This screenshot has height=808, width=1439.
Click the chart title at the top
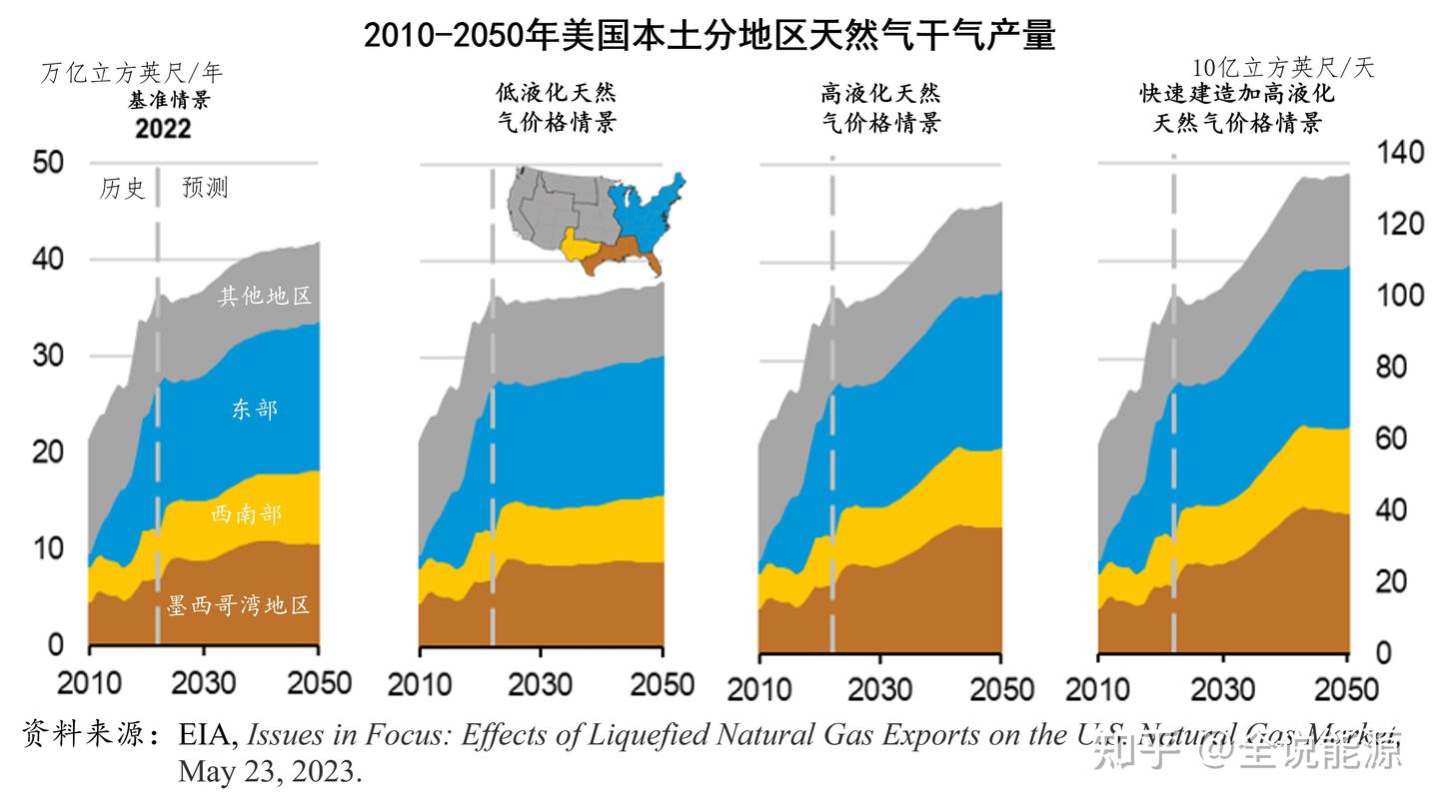[x=710, y=36]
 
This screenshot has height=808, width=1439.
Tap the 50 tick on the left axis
[x=48, y=162]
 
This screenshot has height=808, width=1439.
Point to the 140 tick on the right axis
[x=1400, y=153]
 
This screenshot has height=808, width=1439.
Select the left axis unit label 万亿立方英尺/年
[x=132, y=73]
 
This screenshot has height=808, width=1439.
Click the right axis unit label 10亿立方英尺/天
[x=1283, y=68]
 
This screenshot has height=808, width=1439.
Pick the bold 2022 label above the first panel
[x=163, y=129]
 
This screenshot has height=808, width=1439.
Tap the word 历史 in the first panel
[x=122, y=188]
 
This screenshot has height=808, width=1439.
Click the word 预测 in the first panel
[x=205, y=188]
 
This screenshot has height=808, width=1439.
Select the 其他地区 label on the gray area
[x=265, y=296]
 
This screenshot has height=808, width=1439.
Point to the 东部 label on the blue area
[x=254, y=408]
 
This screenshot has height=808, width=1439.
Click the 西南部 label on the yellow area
[x=247, y=514]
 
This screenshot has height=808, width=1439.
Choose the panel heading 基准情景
[x=169, y=101]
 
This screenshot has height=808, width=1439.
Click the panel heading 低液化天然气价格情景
[x=557, y=108]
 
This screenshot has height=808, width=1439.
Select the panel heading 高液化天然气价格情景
[x=880, y=108]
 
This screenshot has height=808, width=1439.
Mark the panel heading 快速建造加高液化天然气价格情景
[x=1238, y=108]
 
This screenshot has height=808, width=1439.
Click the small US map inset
[x=598, y=222]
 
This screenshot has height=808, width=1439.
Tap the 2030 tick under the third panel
[x=880, y=689]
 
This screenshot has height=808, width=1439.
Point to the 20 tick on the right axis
[x=1399, y=581]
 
